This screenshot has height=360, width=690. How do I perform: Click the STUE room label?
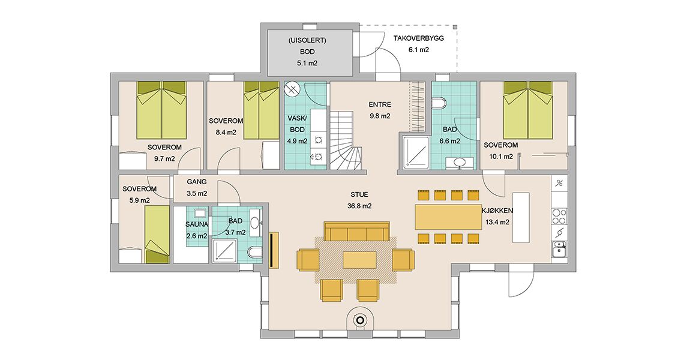pos(359,194)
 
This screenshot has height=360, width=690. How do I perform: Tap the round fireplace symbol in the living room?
pos(361,321)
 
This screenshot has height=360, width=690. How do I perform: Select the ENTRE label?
pos(380,105)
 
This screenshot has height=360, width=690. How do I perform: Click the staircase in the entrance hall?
pos(346,140)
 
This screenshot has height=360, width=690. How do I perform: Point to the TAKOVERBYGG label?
pos(418,38)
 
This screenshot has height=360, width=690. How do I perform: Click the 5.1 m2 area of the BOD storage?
pos(307,63)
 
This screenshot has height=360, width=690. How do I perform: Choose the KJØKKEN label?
pos(497,211)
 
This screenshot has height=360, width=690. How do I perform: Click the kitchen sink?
pos(559,250)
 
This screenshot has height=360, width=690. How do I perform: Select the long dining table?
pos(448,217)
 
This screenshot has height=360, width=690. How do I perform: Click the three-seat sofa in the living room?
pos(356,231)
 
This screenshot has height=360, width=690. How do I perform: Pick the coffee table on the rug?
pos(359,260)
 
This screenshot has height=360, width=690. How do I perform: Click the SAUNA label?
pos(197,224)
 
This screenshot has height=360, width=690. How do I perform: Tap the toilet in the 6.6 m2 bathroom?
pos(439,103)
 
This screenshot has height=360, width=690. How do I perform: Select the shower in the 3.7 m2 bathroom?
pos(227,251)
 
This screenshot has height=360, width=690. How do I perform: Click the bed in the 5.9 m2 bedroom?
pos(157,235)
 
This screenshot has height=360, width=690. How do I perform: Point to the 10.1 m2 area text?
pos(501,156)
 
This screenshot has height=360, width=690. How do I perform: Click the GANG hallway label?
pos(196,182)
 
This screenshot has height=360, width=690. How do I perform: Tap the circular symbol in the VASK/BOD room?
pos(292,90)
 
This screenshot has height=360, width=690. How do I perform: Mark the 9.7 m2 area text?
pos(164,159)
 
